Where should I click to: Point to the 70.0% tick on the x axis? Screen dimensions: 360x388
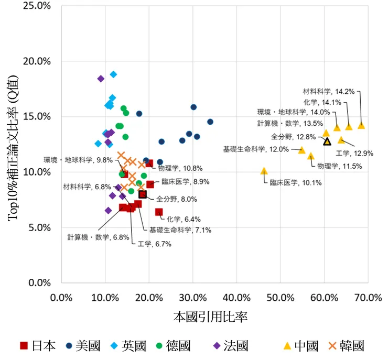tap(368, 298)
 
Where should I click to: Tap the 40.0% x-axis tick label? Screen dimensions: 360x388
tap(236, 298)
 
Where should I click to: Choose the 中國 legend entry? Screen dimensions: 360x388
tap(300, 346)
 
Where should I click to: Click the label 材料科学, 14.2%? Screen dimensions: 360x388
tap(329, 91)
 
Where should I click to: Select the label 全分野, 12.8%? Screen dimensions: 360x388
tap(293, 137)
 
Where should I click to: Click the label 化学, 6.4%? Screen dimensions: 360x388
tap(184, 219)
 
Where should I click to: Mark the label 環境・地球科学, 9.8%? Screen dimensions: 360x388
tap(78, 160)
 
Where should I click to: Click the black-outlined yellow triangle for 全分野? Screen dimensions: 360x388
tap(327, 141)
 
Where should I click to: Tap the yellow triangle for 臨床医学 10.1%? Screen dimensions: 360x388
tap(264, 171)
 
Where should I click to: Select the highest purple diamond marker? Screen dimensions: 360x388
tap(101, 79)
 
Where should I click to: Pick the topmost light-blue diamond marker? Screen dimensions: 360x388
tap(113, 74)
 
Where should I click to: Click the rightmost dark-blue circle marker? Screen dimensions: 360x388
tap(210, 122)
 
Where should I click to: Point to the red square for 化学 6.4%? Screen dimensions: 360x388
tap(159, 212)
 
